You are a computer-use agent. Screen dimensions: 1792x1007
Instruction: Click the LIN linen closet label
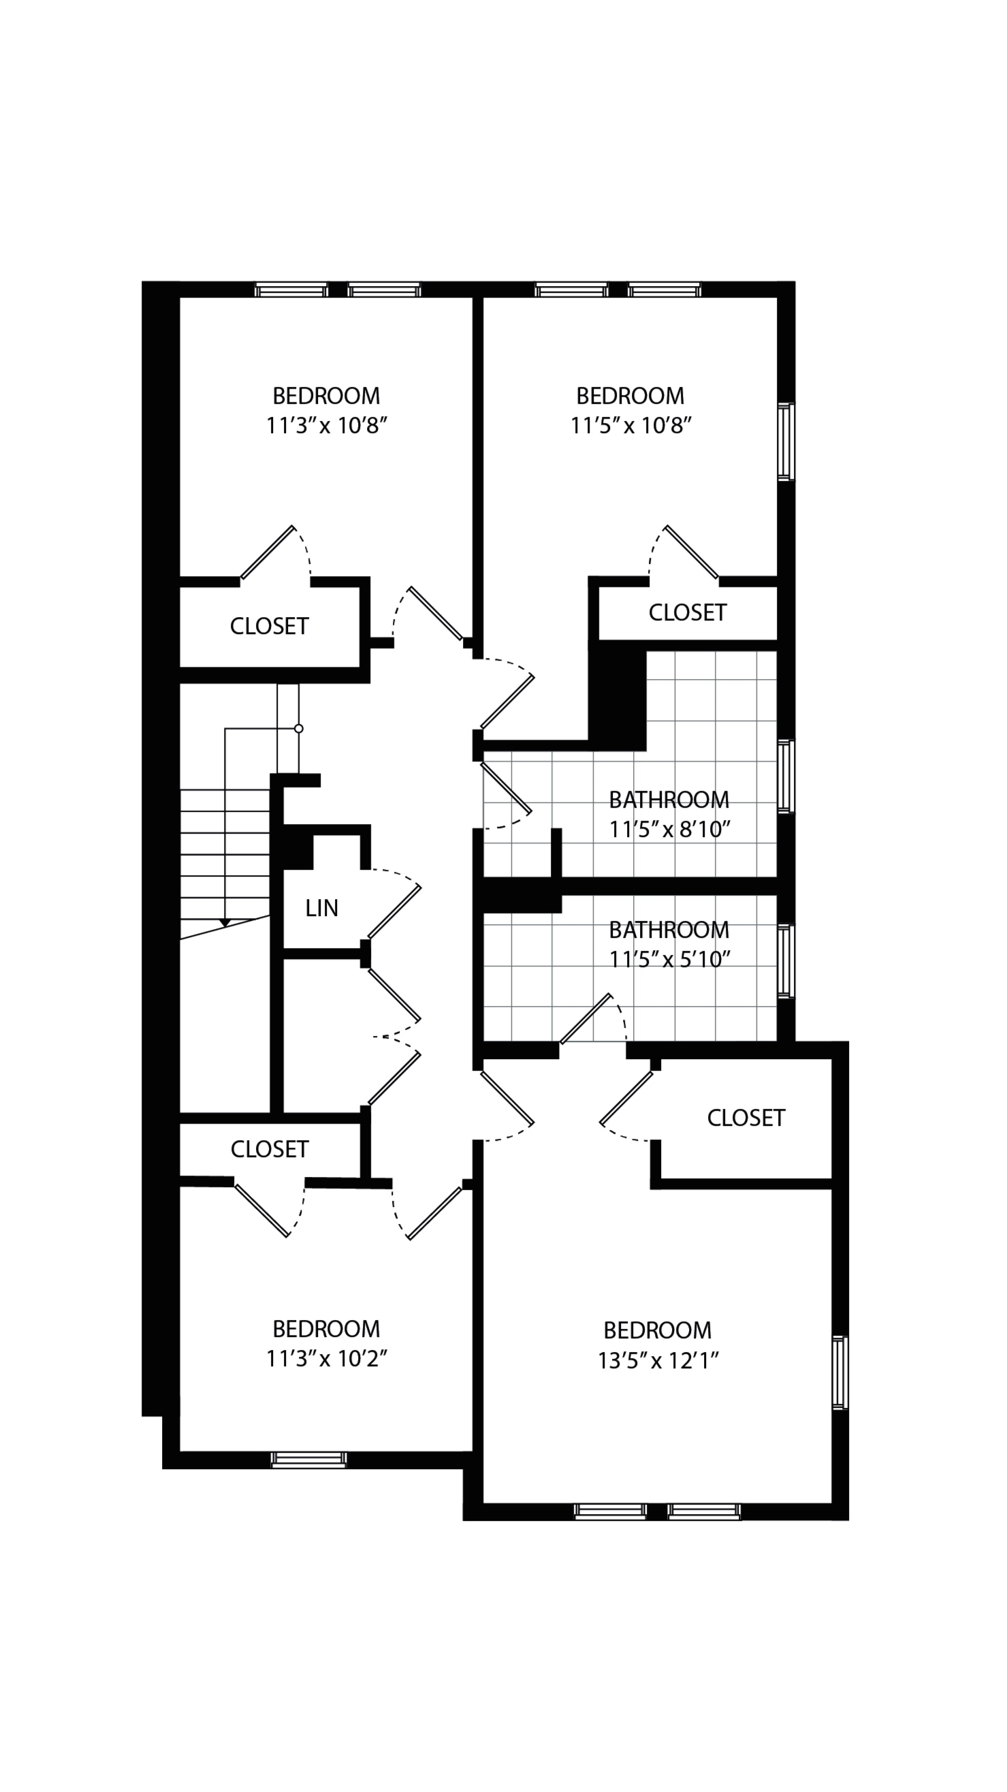pos(321,908)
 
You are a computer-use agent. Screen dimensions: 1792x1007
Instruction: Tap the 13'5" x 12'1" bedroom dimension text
pos(658,1360)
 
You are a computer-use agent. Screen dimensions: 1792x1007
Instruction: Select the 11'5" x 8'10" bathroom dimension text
pos(669,829)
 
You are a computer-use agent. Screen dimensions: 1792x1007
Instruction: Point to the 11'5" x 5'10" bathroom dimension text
pos(669,959)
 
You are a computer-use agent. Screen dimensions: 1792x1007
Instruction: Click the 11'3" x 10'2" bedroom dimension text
pos(326,1358)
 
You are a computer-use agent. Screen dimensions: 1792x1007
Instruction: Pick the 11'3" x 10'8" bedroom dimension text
pos(326,425)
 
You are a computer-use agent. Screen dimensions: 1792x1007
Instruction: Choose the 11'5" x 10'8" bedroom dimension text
pos(630,425)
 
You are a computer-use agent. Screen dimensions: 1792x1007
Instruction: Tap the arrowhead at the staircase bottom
pos(225,923)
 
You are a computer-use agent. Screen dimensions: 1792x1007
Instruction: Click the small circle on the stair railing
pos(299,728)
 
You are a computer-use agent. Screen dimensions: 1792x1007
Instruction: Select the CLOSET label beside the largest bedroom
pos(746,1118)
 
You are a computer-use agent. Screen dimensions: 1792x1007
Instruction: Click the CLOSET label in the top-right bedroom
pos(687,612)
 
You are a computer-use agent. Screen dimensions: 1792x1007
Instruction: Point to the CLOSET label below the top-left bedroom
pos(269,626)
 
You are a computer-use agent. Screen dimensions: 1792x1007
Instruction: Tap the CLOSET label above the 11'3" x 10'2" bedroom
pos(269,1149)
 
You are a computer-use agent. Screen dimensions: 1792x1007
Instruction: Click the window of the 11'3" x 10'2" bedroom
pos(308,1460)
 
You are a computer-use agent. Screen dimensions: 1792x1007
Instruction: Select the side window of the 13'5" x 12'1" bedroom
pos(840,1372)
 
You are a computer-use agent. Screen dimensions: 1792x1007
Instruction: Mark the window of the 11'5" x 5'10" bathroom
pos(785,960)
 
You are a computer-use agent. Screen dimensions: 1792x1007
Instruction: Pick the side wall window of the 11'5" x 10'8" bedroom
pos(785,441)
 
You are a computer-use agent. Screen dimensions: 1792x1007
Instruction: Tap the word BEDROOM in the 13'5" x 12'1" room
pos(657,1330)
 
